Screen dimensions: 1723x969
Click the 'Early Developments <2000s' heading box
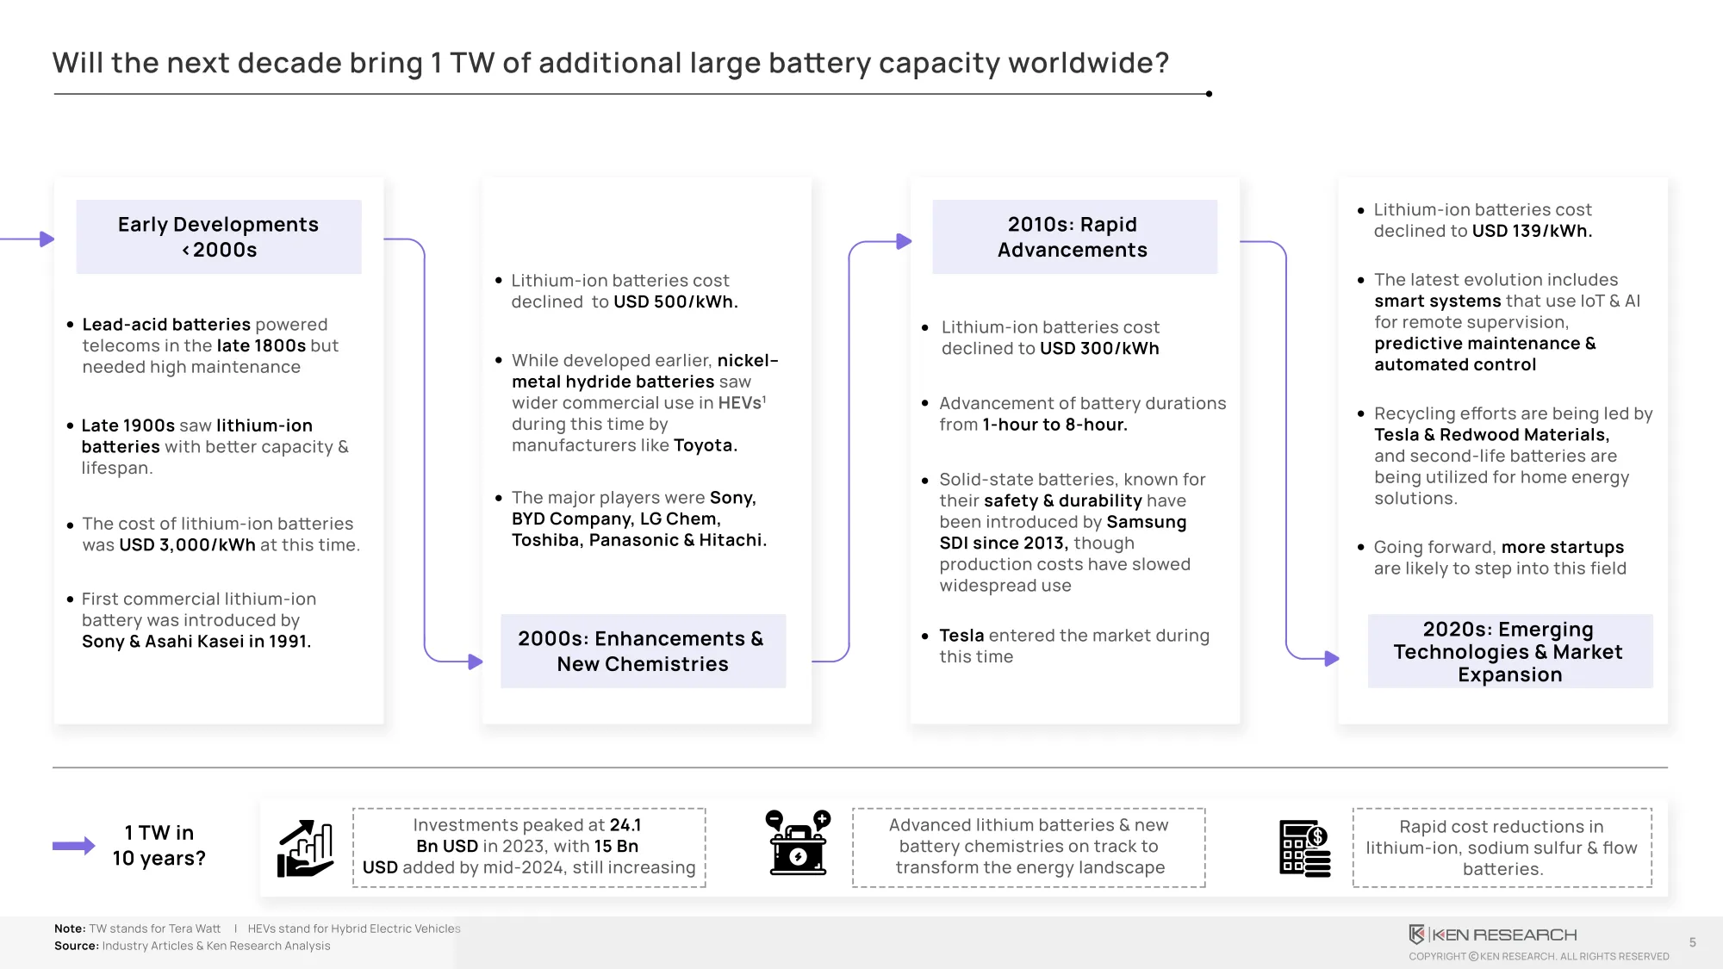(x=219, y=237)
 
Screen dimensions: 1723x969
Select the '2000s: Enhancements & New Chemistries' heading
(x=643, y=651)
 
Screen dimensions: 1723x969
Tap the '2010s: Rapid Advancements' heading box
(x=1074, y=237)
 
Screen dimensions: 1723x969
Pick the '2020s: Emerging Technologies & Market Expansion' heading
(x=1509, y=651)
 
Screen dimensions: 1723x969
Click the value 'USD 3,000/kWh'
(x=187, y=545)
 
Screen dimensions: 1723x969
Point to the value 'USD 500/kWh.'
(x=675, y=302)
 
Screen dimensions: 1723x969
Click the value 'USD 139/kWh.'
(x=1532, y=231)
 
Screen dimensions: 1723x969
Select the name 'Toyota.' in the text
(x=706, y=445)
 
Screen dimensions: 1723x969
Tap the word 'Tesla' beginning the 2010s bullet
(x=961, y=636)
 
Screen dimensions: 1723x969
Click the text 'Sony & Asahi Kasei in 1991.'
(x=196, y=642)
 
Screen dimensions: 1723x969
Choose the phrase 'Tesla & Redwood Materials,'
(x=1491, y=435)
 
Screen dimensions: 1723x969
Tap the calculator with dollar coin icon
(x=1305, y=848)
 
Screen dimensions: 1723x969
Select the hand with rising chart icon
(x=305, y=848)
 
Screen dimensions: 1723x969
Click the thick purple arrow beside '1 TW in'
(x=74, y=846)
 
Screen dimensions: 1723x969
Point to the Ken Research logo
(x=1492, y=935)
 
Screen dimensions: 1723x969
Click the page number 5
(x=1693, y=942)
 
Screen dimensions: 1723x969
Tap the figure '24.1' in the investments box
(x=625, y=825)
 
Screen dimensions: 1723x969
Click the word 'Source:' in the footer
(x=77, y=946)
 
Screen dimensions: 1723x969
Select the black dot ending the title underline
(x=1209, y=94)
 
